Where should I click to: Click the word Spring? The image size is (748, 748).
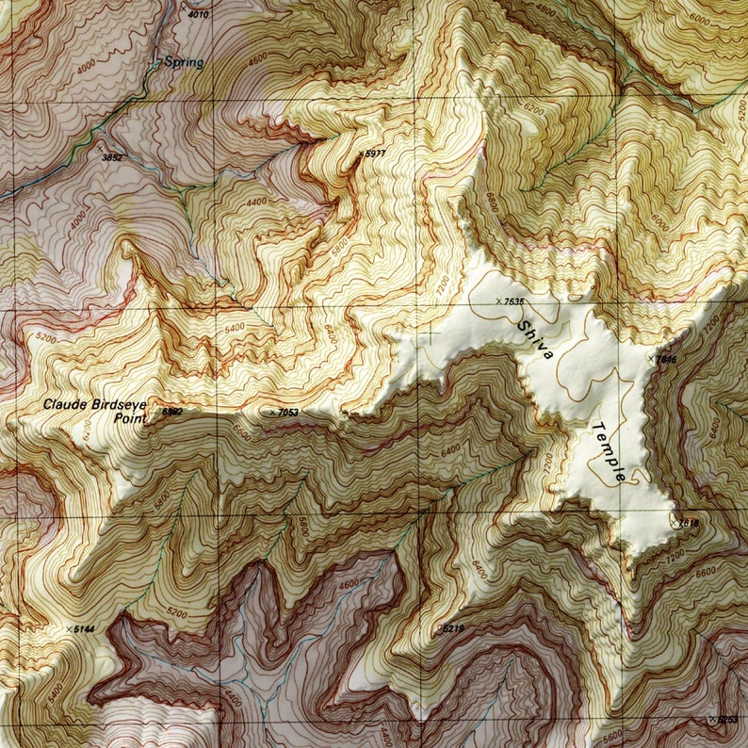(x=183, y=62)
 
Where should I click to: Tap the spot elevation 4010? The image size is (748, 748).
(x=198, y=15)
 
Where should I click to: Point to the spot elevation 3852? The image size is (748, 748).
(x=113, y=157)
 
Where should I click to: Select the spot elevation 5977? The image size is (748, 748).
(x=375, y=153)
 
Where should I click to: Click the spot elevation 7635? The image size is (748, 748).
(x=514, y=301)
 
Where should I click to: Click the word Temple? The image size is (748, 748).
(x=609, y=452)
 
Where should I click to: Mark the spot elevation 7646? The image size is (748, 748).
(x=665, y=359)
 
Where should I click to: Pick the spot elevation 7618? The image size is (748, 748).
(x=689, y=522)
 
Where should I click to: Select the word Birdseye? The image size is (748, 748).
(x=119, y=404)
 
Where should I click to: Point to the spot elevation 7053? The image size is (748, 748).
(x=286, y=413)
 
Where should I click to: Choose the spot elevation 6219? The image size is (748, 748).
(x=452, y=628)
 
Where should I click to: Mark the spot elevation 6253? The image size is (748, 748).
(x=726, y=720)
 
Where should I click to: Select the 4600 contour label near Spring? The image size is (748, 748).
(x=256, y=59)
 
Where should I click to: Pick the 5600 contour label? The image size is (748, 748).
(x=613, y=736)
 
